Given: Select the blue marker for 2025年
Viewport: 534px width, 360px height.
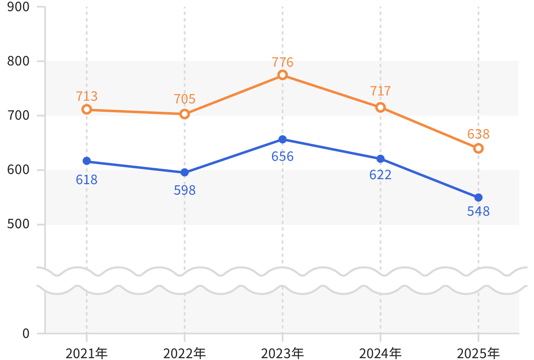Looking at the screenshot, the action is point(479,198).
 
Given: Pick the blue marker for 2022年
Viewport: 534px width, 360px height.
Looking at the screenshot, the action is point(184,173).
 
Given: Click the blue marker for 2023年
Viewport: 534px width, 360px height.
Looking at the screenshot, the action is point(283,140).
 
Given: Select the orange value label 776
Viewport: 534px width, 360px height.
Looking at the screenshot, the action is point(283,62).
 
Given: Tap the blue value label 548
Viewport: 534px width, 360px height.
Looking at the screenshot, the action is point(479,211).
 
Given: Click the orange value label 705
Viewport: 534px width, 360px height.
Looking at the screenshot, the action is point(184,99).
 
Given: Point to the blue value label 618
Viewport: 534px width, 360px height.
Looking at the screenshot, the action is point(87,180).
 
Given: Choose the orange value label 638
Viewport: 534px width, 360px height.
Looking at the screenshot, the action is point(479,134).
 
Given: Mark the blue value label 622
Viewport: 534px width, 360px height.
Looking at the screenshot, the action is point(380,175).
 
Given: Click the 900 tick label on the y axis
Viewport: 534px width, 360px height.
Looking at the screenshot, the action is point(18,7).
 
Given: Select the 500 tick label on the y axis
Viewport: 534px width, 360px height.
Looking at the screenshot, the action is point(18,224).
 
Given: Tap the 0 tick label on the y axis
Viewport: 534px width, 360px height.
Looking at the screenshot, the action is point(26,333).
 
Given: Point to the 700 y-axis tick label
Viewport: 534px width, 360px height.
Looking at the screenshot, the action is point(18,115).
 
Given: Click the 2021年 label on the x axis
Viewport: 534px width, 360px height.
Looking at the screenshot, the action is point(87,353).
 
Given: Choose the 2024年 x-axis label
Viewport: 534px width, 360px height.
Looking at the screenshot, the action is point(380,353).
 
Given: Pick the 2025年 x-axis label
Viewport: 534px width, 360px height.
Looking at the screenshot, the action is point(479,353).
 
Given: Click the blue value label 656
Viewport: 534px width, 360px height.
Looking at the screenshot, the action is point(283,157).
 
